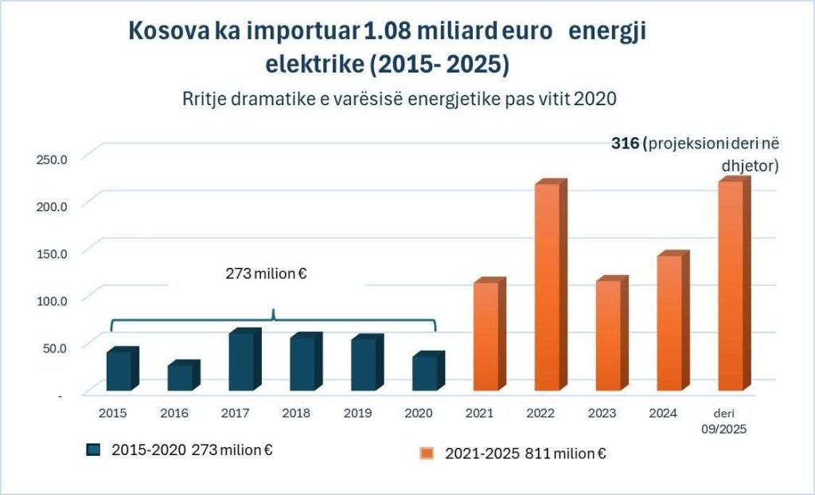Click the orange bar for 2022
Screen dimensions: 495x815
coord(547,287)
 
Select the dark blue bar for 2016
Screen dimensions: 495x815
coord(181,377)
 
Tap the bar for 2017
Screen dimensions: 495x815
coord(242,361)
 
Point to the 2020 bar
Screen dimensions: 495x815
coord(425,372)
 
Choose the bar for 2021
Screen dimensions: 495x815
coord(485,336)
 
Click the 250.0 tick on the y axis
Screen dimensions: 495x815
coord(53,158)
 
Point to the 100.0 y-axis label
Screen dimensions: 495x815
coord(53,299)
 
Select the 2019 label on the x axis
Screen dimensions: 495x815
coord(357,413)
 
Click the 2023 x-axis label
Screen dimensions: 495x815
coord(602,413)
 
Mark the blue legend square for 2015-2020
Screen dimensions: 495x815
coord(93,450)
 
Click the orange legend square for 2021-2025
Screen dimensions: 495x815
coord(427,454)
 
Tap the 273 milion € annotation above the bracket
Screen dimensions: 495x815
coord(267,274)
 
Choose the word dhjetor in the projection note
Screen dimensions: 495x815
coord(748,167)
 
